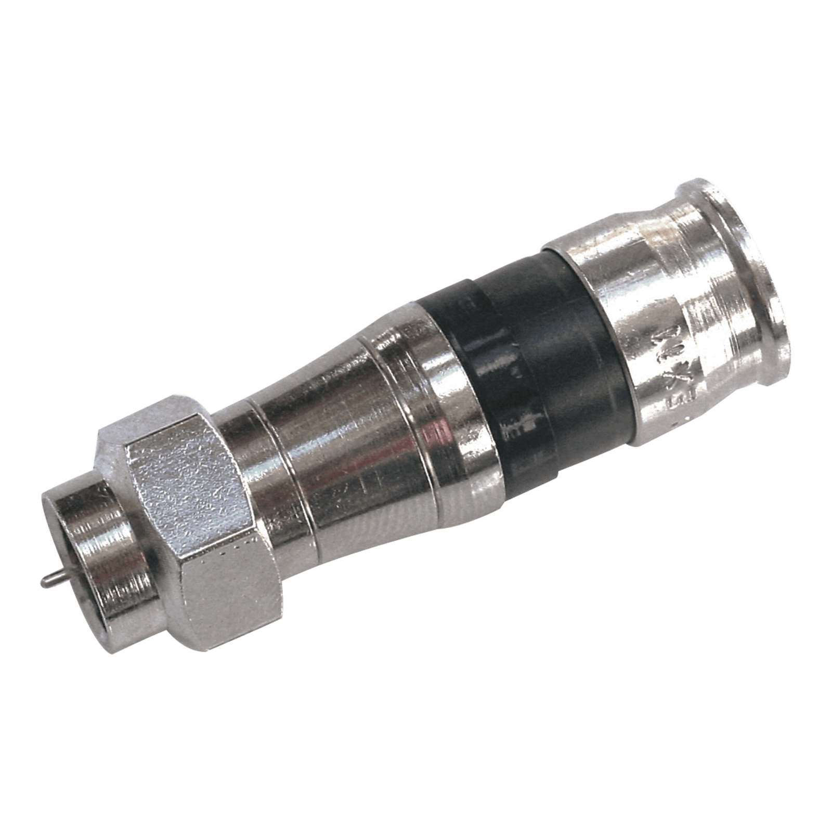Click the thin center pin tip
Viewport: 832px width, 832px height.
click(43, 582)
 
